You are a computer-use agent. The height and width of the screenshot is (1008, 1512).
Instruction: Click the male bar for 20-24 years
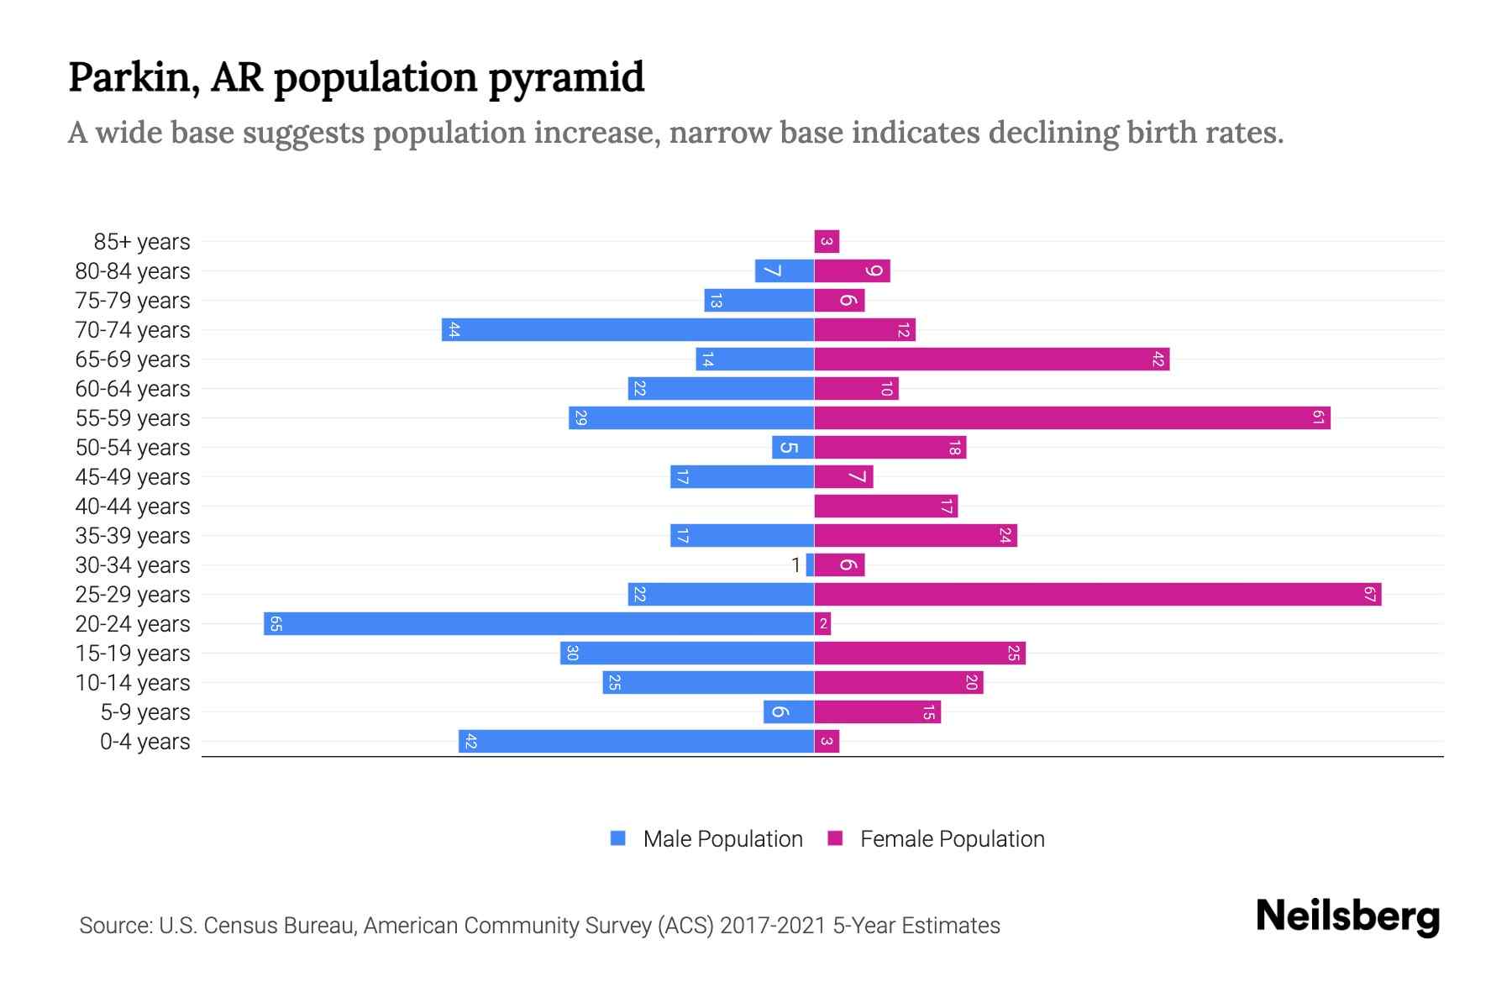538,623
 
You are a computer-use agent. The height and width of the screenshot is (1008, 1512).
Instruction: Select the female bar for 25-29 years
1096,594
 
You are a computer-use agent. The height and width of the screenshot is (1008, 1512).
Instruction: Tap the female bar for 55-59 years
1071,417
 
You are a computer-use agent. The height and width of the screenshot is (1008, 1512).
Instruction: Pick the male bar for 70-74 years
627,329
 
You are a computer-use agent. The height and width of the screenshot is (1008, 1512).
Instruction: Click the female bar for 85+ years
827,242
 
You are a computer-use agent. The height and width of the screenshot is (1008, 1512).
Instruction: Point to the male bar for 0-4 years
636,741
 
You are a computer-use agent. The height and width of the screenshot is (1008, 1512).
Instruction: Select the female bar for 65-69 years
991,359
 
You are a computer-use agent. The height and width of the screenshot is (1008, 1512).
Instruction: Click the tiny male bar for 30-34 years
810,564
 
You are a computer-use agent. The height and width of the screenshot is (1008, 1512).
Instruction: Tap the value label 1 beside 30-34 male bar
795,565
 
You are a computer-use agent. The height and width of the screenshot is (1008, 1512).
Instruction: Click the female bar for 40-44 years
885,506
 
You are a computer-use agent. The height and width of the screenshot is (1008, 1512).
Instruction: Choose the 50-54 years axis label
133,448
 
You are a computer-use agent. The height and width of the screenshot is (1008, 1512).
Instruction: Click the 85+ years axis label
142,242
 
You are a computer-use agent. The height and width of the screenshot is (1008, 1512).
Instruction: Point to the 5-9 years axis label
145,712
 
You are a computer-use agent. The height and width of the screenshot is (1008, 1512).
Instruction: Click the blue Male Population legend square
618,838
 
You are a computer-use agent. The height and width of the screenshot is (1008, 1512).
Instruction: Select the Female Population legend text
952,839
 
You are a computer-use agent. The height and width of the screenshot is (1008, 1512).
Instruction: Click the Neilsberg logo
1347,916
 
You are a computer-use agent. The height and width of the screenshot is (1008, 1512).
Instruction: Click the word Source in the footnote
115,926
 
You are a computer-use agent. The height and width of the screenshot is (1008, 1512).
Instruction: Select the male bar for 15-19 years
686,653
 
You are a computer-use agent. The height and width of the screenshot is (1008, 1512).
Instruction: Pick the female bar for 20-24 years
822,623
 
